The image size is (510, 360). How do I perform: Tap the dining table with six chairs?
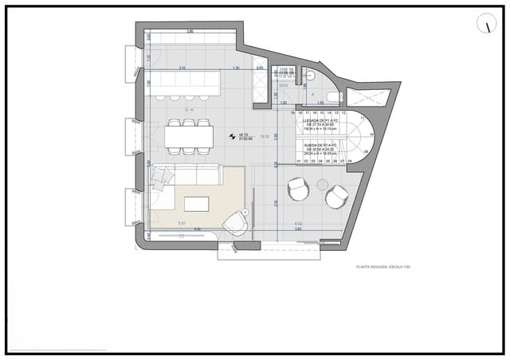189,136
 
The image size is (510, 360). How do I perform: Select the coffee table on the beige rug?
196,204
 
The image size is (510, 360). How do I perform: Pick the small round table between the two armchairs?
322,185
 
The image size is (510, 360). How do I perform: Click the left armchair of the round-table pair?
297,190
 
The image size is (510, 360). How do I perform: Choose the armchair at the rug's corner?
236,222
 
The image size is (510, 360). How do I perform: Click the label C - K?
190,109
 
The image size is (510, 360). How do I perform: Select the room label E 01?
182,222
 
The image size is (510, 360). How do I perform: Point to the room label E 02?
298,223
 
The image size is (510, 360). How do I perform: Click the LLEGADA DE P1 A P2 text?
323,121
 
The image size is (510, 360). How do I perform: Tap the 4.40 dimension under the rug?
198,229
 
